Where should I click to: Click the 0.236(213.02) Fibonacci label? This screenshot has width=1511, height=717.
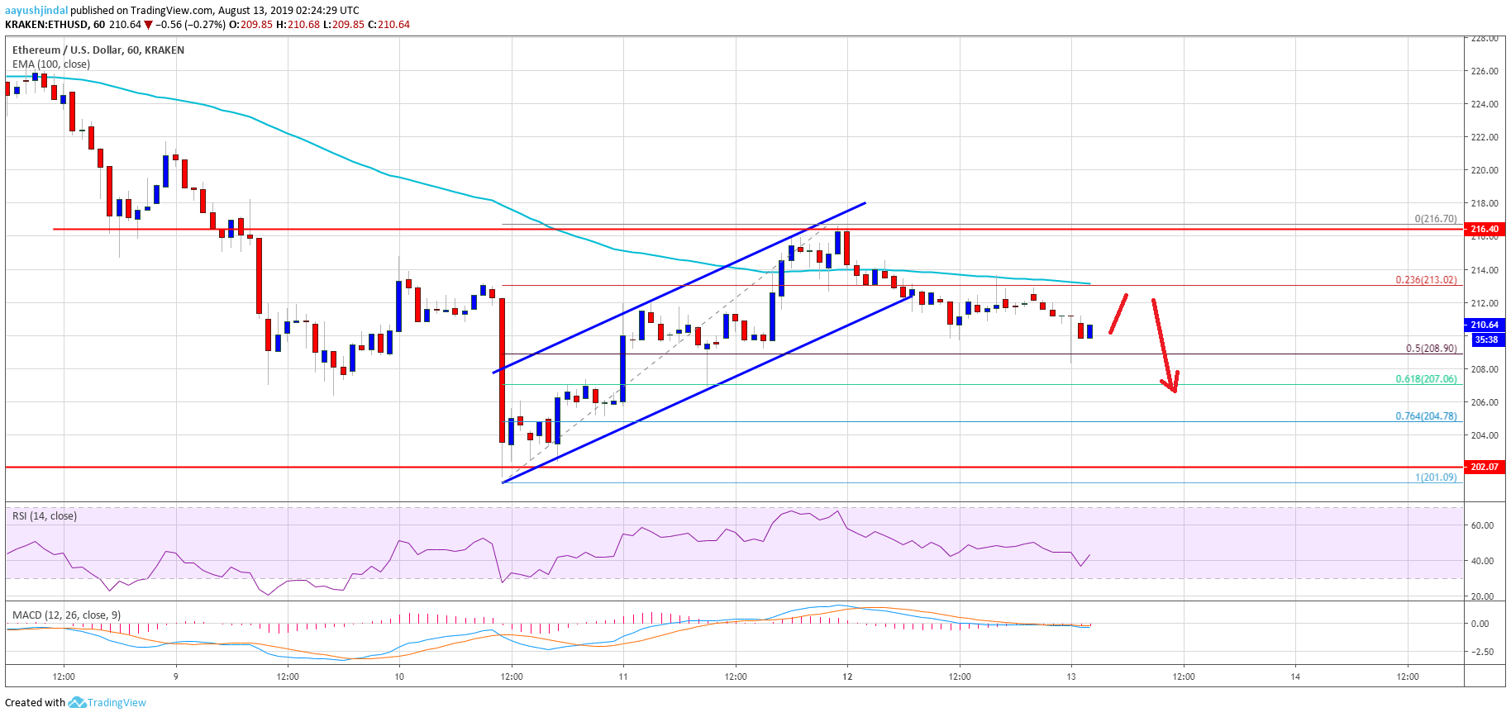(x=1426, y=280)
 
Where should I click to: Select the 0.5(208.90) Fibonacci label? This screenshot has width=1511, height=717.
(x=1431, y=349)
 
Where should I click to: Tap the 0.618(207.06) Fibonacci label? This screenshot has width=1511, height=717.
(x=1426, y=379)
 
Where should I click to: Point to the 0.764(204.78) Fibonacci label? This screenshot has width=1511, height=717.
(x=1426, y=416)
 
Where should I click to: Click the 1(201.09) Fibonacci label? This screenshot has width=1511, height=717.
(x=1436, y=477)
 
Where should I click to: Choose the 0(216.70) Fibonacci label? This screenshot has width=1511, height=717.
(x=1435, y=219)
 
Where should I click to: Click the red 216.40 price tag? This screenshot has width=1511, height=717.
(x=1485, y=229)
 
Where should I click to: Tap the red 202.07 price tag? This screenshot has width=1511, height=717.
(x=1485, y=467)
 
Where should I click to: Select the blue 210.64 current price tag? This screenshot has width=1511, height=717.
(x=1485, y=325)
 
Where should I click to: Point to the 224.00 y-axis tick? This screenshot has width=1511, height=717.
(x=1484, y=104)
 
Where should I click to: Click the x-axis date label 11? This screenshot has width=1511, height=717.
(x=623, y=677)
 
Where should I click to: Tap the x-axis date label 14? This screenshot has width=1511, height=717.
(x=1295, y=677)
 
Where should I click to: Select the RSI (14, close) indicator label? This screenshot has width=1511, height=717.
(x=45, y=516)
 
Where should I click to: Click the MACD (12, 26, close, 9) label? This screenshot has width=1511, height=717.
(x=66, y=615)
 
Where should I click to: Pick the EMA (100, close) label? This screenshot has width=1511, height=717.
(x=51, y=64)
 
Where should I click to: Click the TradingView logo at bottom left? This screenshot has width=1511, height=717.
(x=107, y=703)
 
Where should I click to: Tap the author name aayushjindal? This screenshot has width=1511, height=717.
(x=36, y=10)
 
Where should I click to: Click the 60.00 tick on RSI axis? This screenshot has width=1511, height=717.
(x=1482, y=525)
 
